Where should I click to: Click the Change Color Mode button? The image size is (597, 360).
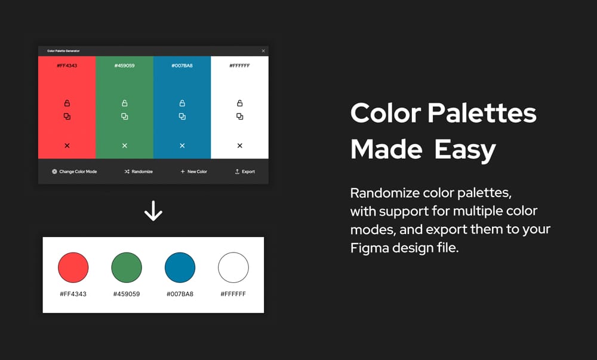74,171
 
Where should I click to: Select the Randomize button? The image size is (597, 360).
139,171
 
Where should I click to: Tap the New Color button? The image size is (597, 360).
194,171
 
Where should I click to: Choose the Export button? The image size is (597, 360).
245,171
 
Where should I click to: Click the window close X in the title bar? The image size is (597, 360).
263,51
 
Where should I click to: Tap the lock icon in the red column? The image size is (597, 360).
67,103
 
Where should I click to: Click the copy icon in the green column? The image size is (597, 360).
125,116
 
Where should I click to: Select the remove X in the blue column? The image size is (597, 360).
182,146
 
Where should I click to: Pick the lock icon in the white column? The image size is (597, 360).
239,103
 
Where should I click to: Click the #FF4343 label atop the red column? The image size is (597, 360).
67,66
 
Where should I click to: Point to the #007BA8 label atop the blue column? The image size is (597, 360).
182,66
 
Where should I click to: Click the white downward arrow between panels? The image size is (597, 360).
153,211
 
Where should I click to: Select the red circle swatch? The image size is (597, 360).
73,267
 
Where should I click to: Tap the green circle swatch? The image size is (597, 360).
127,267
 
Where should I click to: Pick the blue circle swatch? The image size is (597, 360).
180,267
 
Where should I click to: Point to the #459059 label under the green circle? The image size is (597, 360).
127,294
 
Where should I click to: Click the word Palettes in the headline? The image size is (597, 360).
482,113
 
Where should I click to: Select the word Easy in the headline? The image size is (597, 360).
465,150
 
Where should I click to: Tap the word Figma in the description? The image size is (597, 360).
370,248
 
